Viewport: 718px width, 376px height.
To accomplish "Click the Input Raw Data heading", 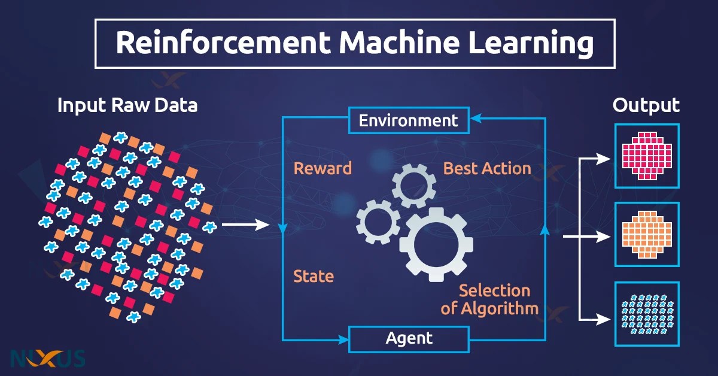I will [x=127, y=106].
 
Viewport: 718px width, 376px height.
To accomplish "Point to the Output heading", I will [x=646, y=106].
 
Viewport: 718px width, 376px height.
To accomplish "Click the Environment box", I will [x=409, y=121].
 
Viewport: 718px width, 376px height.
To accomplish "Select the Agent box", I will [x=409, y=338].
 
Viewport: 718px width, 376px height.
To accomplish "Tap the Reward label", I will [x=323, y=168].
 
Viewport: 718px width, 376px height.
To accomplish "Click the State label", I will [x=314, y=276].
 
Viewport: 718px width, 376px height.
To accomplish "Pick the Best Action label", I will [x=487, y=168].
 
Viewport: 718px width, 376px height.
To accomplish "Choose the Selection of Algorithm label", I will [x=490, y=299].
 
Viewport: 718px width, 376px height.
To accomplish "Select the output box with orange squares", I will [x=647, y=234].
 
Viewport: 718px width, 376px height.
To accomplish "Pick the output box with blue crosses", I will [x=647, y=313].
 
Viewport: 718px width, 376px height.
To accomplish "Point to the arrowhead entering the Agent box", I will [x=343, y=339].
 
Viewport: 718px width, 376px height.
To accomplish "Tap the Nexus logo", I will [x=48, y=357].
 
